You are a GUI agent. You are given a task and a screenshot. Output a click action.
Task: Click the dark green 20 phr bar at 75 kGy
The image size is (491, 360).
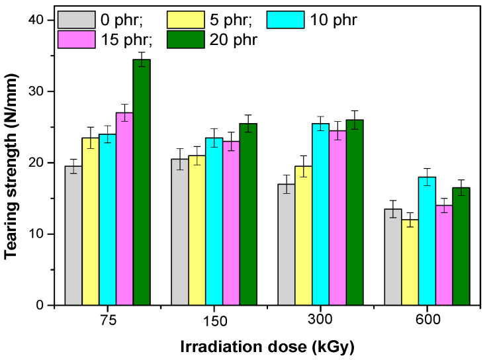click(142, 182)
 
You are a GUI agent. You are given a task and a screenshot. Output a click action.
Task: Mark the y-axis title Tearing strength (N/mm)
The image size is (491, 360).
click(12, 163)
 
